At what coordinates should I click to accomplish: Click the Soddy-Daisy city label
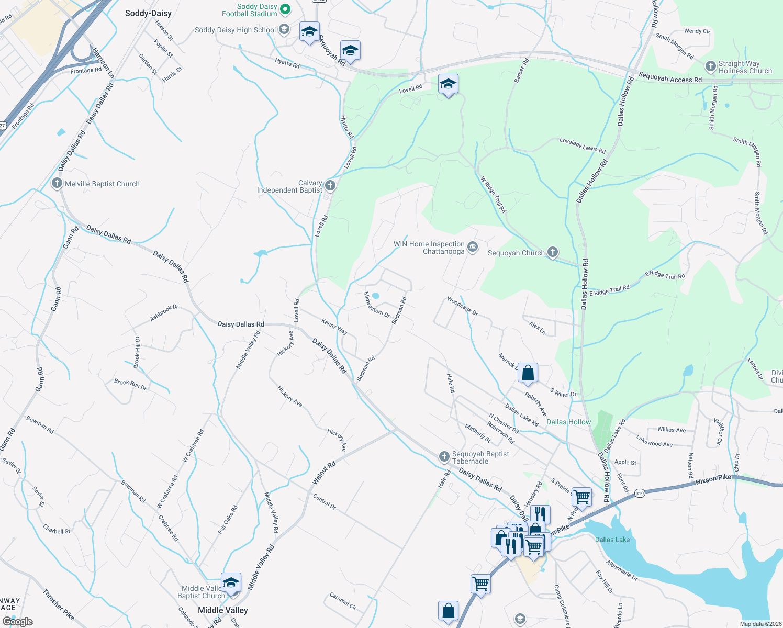point(148,13)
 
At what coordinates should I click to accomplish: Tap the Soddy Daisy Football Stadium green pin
point(285,9)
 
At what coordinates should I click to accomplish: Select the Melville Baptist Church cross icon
point(57,184)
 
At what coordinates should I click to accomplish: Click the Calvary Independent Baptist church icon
point(330,185)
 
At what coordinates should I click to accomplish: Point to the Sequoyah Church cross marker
point(553,252)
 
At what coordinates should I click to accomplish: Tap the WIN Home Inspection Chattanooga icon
point(473,247)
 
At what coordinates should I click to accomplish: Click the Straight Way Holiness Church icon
point(710,66)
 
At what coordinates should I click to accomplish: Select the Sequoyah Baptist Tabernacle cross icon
point(444,457)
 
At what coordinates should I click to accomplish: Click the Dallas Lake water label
point(612,540)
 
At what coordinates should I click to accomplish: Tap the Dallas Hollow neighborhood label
point(568,422)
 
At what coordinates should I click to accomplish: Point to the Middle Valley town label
point(222,610)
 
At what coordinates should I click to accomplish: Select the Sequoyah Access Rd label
point(670,78)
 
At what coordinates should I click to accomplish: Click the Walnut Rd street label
point(324,473)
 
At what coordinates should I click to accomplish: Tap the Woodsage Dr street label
point(462,306)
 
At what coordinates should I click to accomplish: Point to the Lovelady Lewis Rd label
point(582,145)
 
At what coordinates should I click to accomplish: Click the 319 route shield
point(639,493)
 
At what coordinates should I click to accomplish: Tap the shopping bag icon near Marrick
point(528,373)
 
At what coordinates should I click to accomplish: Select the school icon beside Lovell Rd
point(448,85)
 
